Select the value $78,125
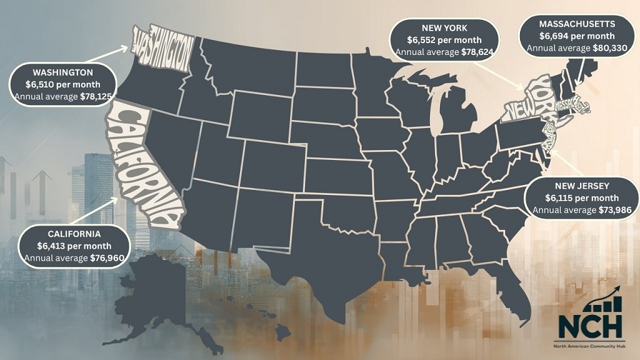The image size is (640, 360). pyautogui.click(x=96, y=96)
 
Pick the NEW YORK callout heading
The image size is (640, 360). pyautogui.click(x=442, y=27)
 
